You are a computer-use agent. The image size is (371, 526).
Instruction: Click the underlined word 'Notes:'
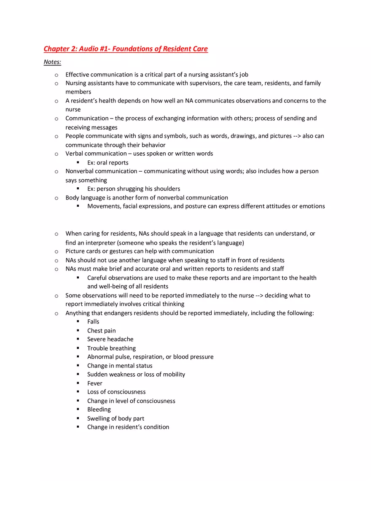pos(52,62)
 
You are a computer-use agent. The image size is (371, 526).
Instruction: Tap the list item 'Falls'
pos(93,322)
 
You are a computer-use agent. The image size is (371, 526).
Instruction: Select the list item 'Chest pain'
pos(101,331)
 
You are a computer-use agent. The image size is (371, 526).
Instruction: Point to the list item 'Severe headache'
pos(110,340)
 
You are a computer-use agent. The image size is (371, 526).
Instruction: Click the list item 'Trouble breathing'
pos(111,348)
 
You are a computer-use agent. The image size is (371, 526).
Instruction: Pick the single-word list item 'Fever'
pos(94,383)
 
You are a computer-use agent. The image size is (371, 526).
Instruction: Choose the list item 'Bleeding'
pos(99,410)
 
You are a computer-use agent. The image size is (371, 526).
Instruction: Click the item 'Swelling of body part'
pos(116,418)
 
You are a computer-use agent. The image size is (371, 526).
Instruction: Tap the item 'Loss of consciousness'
pos(116,392)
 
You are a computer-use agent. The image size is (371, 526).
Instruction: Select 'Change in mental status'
pos(120,366)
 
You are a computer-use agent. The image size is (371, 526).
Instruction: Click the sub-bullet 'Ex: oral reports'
pos(108,163)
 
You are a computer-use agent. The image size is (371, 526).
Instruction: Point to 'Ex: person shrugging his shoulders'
pos(134,189)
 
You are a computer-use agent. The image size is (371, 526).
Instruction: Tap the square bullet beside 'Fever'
pos(78,383)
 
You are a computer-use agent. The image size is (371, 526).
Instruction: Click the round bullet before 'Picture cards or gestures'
pos(56,251)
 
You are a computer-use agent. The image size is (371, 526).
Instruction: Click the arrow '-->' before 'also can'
pos(297,136)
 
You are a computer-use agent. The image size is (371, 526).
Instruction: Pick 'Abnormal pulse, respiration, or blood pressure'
pos(150,357)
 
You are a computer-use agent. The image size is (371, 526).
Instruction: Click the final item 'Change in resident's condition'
pos(128,427)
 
